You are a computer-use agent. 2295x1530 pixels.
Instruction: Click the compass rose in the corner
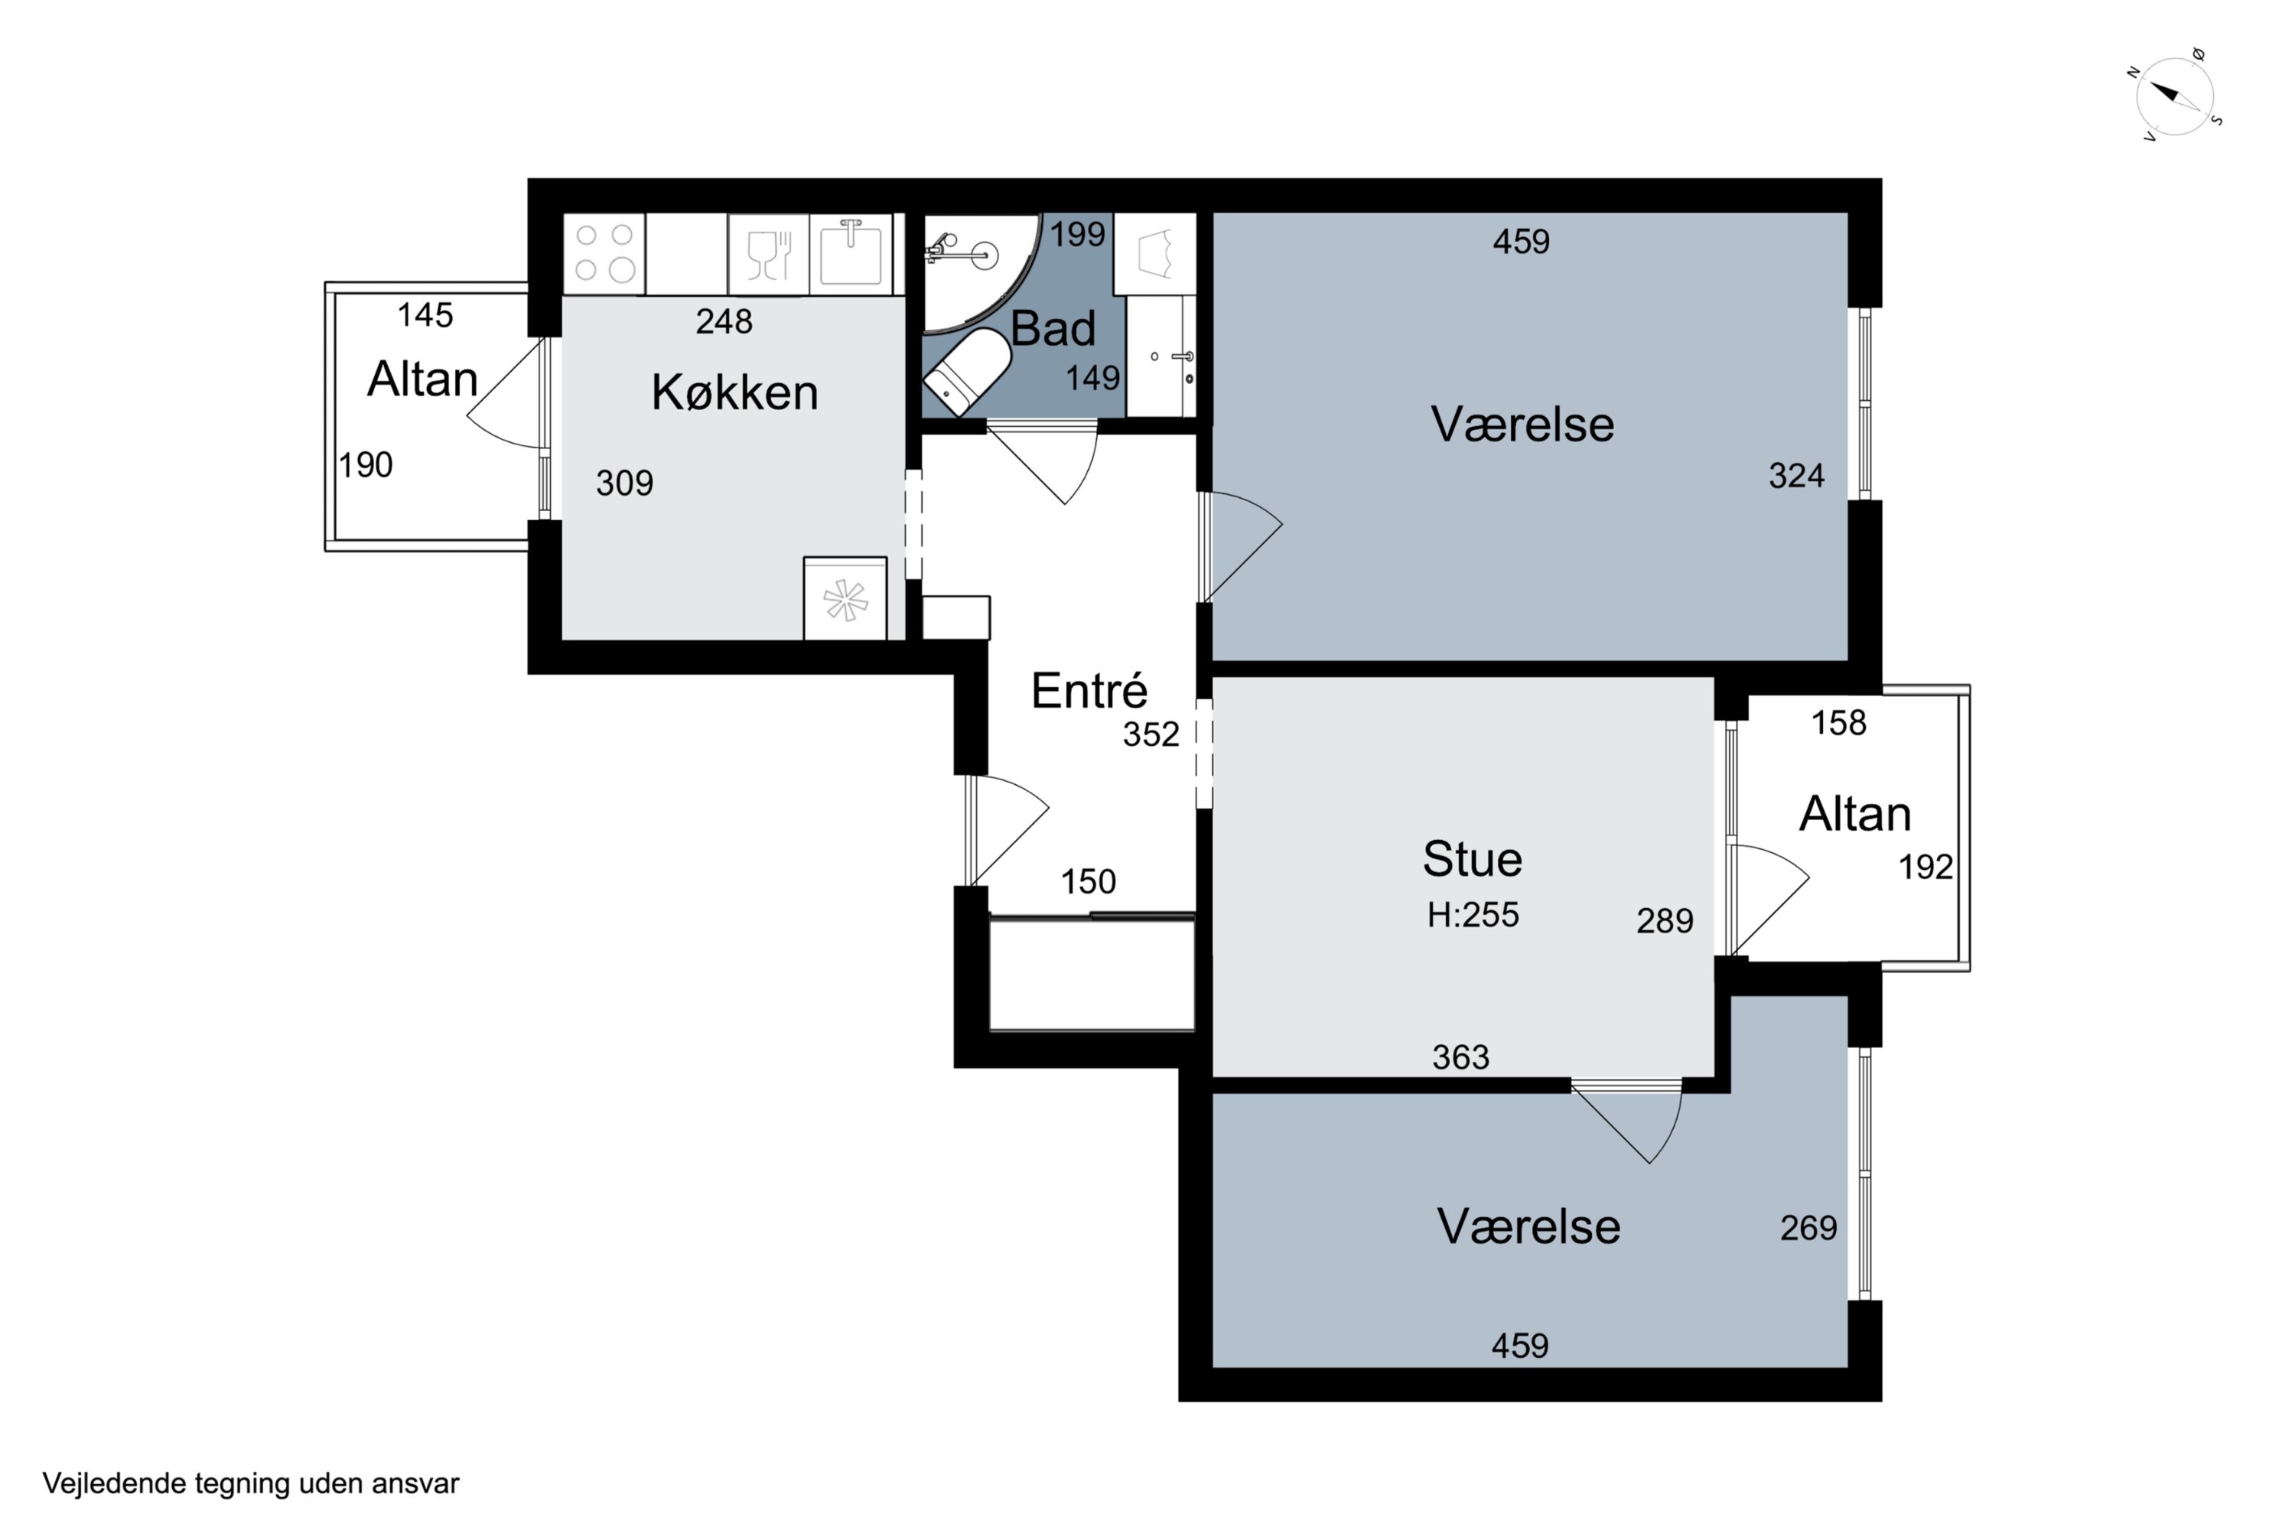coord(2175,96)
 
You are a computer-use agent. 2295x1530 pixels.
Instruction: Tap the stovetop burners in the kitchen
coord(605,252)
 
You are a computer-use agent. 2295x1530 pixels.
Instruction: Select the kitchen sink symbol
coord(851,252)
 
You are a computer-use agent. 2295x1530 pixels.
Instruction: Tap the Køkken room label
coord(734,392)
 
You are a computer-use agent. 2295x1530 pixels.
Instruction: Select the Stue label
coord(1473,858)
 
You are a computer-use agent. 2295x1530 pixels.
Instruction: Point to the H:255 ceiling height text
coord(1473,914)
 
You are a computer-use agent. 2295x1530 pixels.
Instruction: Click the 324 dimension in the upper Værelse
coord(1796,475)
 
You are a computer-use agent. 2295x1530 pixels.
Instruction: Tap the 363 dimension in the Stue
coord(1460,1056)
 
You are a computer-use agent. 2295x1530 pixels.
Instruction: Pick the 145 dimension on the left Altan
coord(425,314)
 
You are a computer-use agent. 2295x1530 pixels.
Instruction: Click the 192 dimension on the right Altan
coord(1926,867)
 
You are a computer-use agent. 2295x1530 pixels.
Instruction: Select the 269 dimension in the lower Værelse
coord(1808,1228)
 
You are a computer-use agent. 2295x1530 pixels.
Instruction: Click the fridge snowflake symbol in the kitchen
coord(845,600)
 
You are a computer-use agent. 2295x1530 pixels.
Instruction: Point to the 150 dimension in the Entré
coord(1088,882)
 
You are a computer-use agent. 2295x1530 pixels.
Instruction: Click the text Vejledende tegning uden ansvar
coord(251,1484)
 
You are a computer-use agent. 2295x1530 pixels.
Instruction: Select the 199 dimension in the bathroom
coord(1077,234)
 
